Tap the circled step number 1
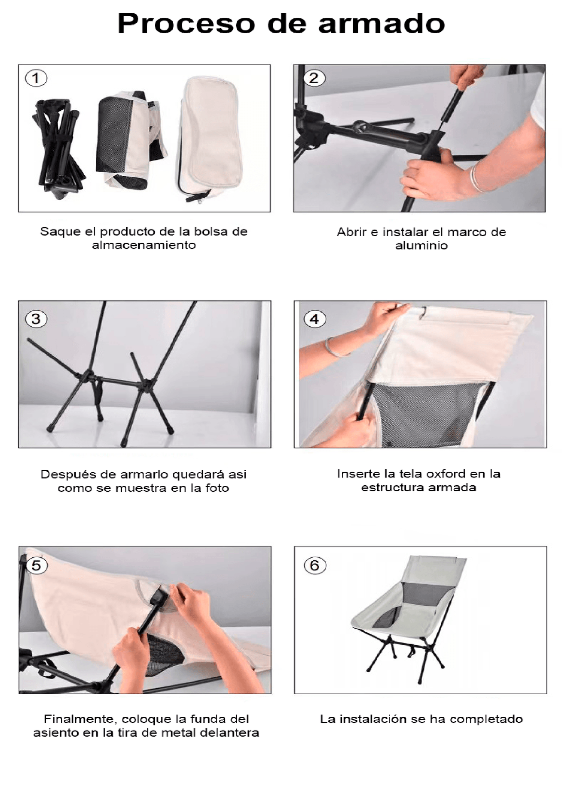pos(36,78)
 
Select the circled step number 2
pos(314,78)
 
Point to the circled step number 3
pos(36,319)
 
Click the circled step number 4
pos(315,319)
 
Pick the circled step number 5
pos(36,565)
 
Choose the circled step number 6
pos(315,565)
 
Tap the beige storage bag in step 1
pos(210,139)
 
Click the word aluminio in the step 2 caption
pos(421,246)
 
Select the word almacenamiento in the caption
pos(144,245)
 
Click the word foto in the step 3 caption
pos(217,488)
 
